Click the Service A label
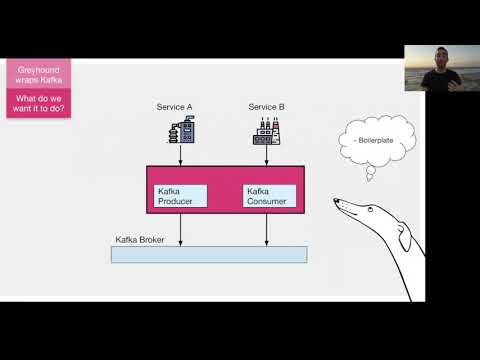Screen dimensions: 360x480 point(180,106)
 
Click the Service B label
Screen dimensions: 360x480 point(266,106)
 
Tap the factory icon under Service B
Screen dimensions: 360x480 point(266,131)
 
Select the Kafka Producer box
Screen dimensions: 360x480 point(181,196)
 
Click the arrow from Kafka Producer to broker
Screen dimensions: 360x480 point(181,229)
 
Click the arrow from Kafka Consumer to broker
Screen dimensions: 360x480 point(266,229)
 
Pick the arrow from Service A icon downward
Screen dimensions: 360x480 point(181,156)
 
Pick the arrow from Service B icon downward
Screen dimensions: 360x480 point(266,156)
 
